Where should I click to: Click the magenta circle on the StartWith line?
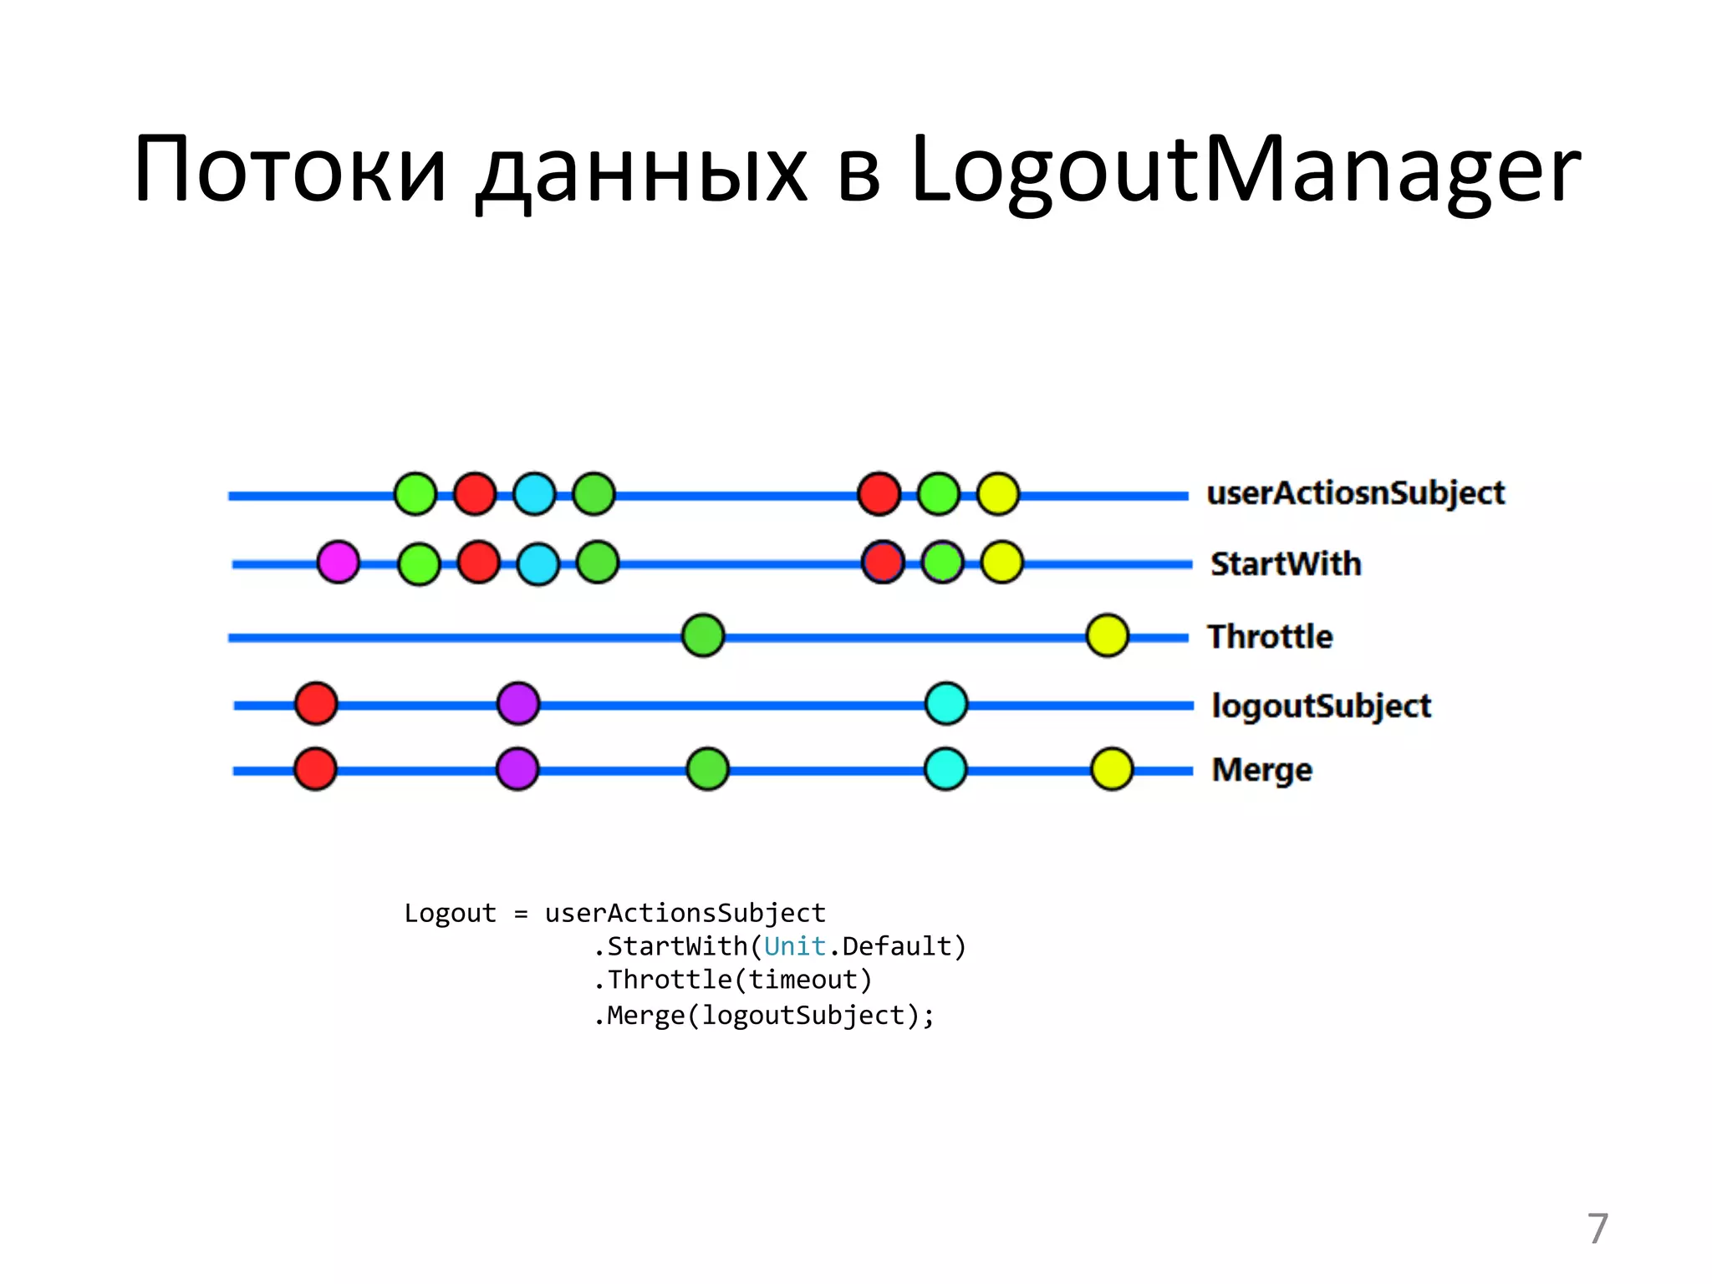pyautogui.click(x=339, y=562)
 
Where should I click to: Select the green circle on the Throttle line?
pyautogui.click(x=703, y=635)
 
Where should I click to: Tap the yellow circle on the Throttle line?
pyautogui.click(x=1107, y=635)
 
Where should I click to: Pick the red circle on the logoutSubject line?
pyautogui.click(x=316, y=703)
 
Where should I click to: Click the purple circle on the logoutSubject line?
pyautogui.click(x=518, y=703)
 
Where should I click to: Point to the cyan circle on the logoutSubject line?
pyautogui.click(x=946, y=703)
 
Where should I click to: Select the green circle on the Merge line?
pyautogui.click(x=707, y=769)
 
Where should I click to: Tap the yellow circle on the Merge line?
pyautogui.click(x=1112, y=769)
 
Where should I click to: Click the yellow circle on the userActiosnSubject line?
pyautogui.click(x=998, y=493)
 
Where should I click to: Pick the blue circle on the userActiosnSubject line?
pyautogui.click(x=534, y=493)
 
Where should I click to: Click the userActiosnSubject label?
pyautogui.click(x=1355, y=493)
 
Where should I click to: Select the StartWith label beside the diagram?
pyautogui.click(x=1286, y=564)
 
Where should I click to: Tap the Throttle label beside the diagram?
pyautogui.click(x=1270, y=637)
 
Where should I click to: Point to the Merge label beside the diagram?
pyautogui.click(x=1261, y=770)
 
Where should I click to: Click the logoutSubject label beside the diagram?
pyautogui.click(x=1321, y=706)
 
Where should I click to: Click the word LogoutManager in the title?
pyautogui.click(x=1245, y=170)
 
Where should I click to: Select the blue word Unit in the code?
pyautogui.click(x=794, y=946)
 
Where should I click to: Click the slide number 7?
pyautogui.click(x=1597, y=1229)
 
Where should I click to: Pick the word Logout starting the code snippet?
pyautogui.click(x=450, y=913)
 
